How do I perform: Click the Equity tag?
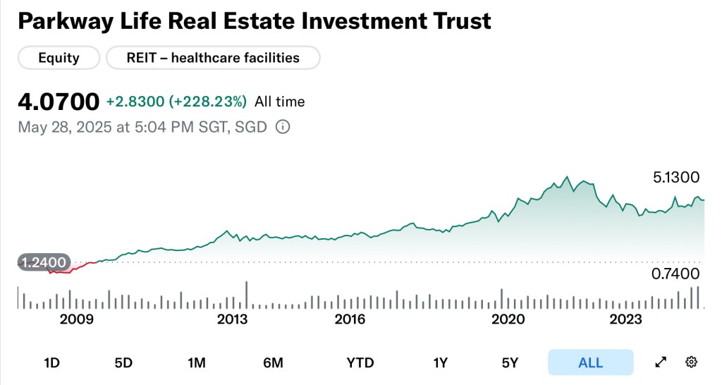pyautogui.click(x=58, y=58)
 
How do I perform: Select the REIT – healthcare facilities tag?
pyautogui.click(x=213, y=58)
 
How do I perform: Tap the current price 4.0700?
pyautogui.click(x=59, y=102)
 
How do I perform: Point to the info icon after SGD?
pyautogui.click(x=282, y=128)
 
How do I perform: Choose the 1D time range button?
pyautogui.click(x=51, y=363)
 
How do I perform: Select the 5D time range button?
pyautogui.click(x=123, y=363)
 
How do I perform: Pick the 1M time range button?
pyautogui.click(x=196, y=363)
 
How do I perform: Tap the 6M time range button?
pyautogui.click(x=273, y=363)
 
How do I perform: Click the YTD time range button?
pyautogui.click(x=360, y=363)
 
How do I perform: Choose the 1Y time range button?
pyautogui.click(x=441, y=363)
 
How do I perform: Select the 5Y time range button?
pyautogui.click(x=510, y=363)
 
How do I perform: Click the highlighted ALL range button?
pyautogui.click(x=590, y=363)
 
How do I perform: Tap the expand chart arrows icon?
pyautogui.click(x=661, y=362)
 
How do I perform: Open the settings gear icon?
pyautogui.click(x=691, y=362)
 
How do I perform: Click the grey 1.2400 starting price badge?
pyautogui.click(x=44, y=263)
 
